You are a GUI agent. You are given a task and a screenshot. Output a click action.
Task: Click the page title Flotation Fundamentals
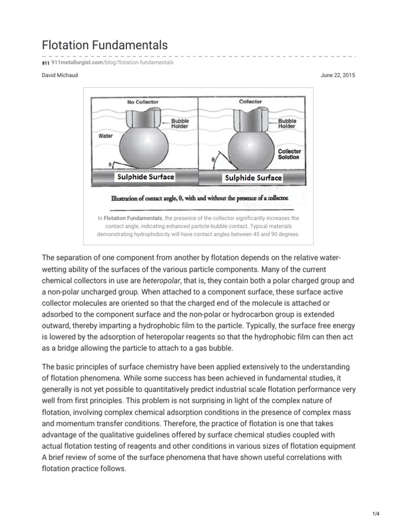(104, 45)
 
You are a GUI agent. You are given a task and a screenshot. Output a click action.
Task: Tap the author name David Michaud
(60, 76)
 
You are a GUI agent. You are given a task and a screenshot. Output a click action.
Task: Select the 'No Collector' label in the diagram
(143, 102)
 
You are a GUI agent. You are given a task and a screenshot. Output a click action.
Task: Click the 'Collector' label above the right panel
(250, 101)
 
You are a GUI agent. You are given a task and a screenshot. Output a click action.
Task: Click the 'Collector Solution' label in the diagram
(289, 154)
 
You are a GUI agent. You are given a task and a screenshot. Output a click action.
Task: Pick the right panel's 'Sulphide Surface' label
(252, 178)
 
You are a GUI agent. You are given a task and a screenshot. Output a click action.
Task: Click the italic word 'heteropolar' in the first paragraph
(161, 281)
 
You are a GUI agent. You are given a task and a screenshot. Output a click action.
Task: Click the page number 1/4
(376, 513)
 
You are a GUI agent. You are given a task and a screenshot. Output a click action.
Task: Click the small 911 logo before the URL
(46, 63)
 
